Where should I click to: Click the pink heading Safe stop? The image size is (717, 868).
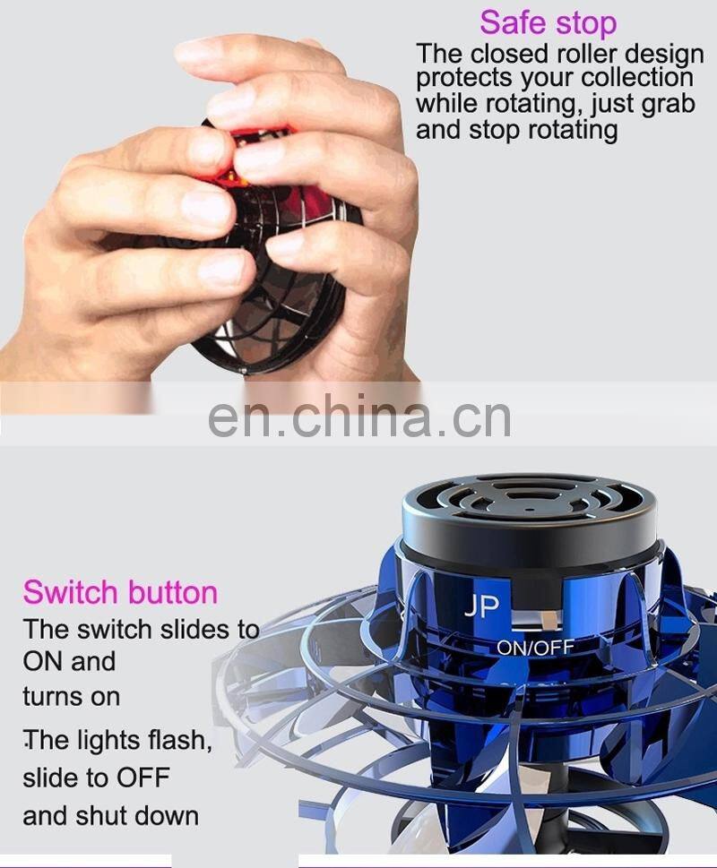pos(548,21)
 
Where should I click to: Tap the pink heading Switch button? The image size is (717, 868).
pos(120,592)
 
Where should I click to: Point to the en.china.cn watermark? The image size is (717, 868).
pos(359,417)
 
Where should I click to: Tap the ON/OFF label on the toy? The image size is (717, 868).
pos(536,646)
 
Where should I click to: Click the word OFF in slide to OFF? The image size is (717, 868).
pos(143,777)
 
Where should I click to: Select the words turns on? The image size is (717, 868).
pos(72,696)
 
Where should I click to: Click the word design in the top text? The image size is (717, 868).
pos(665,53)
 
